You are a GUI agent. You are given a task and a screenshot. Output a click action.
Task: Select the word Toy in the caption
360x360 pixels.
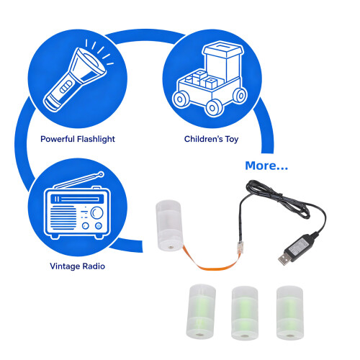(232, 139)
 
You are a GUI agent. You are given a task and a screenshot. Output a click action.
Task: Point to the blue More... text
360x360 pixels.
(266, 166)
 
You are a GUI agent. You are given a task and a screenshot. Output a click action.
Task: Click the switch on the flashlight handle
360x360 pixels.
(66, 86)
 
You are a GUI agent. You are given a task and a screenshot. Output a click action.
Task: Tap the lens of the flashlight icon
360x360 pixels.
(91, 60)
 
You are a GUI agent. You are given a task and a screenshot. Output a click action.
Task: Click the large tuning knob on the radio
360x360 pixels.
(96, 212)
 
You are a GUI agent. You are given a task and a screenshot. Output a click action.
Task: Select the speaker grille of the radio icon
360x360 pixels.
(63, 217)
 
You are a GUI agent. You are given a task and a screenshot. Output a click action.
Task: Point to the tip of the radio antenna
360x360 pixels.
(102, 174)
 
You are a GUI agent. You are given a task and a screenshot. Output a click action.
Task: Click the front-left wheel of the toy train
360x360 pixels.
(181, 99)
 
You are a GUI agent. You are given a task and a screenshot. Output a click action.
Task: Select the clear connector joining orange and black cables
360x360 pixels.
(240, 248)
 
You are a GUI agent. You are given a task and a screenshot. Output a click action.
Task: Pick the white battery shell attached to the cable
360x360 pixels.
(169, 225)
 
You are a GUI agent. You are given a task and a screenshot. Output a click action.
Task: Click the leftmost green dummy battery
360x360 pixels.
(201, 312)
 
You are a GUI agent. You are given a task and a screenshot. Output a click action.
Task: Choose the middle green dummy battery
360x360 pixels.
(245, 313)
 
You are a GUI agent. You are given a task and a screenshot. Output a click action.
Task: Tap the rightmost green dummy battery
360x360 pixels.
(290, 312)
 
